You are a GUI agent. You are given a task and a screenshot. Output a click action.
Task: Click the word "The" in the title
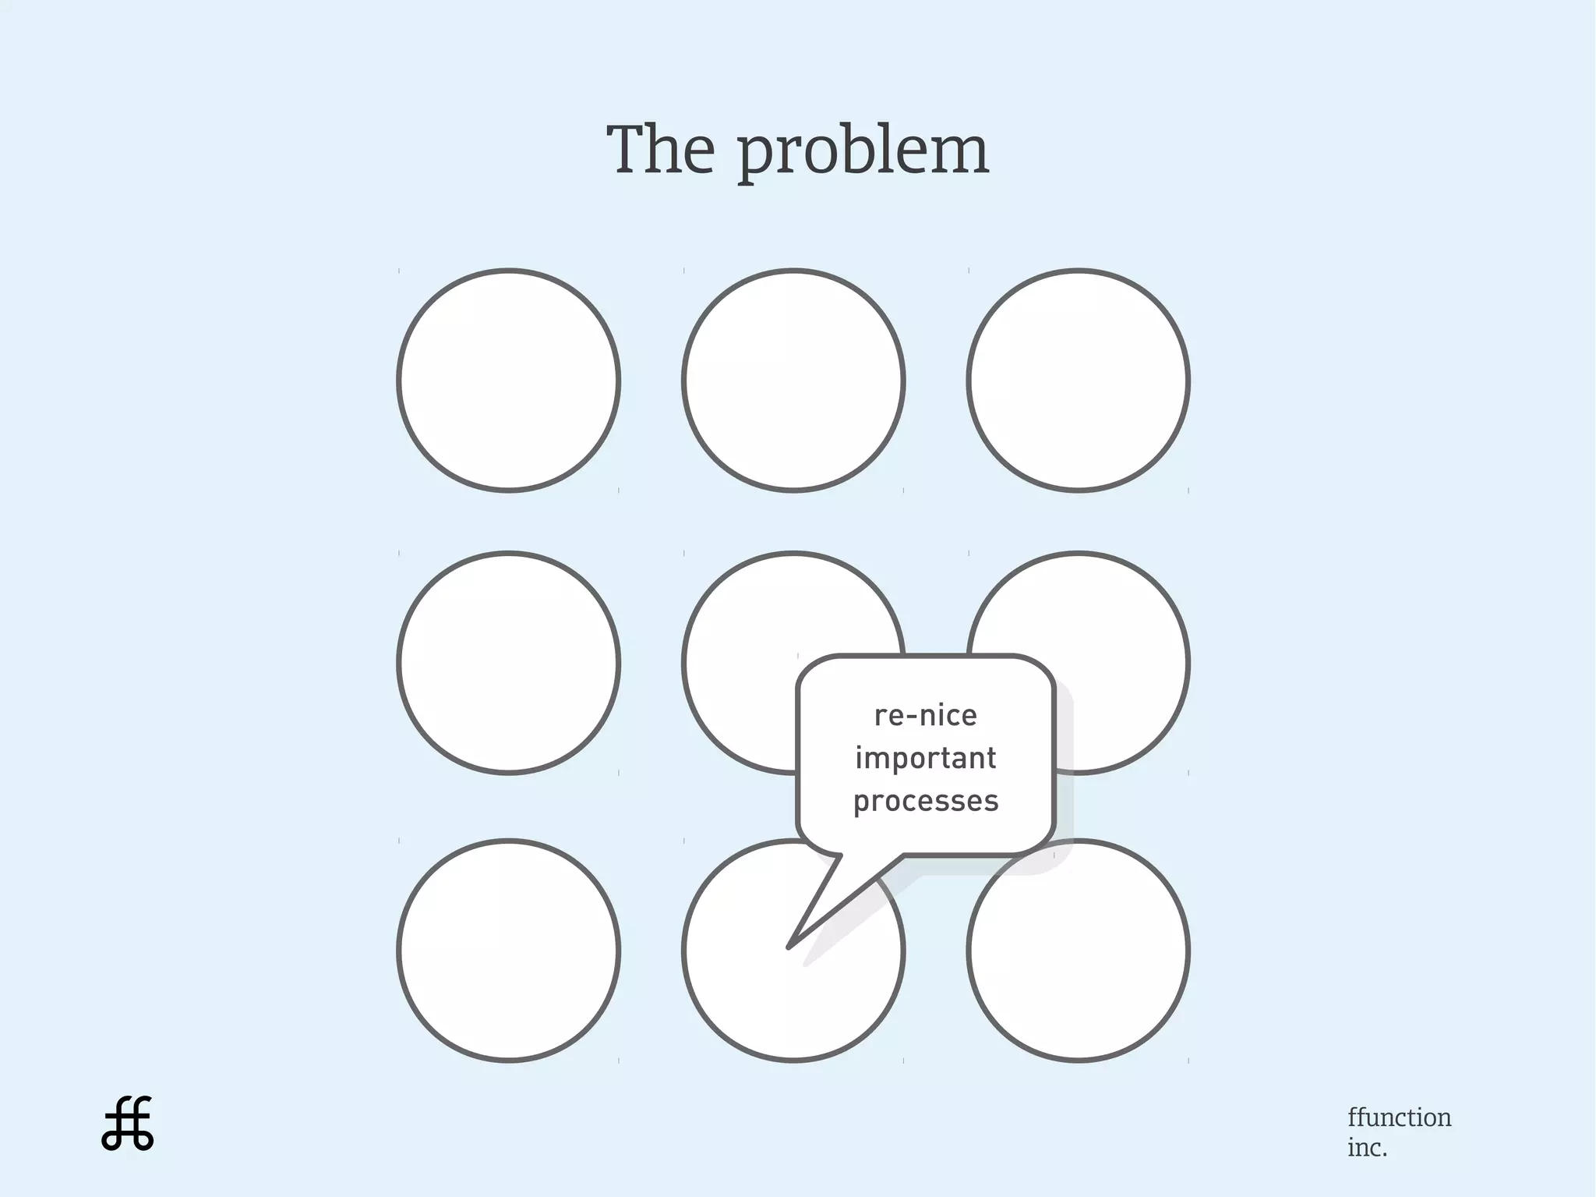pyautogui.click(x=661, y=150)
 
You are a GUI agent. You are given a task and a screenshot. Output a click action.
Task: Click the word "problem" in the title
pyautogui.click(x=863, y=151)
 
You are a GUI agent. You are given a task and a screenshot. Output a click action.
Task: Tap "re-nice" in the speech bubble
pyautogui.click(x=926, y=716)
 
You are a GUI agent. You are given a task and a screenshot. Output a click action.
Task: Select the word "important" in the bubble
pyautogui.click(x=926, y=758)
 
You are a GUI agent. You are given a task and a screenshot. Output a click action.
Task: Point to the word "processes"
pyautogui.click(x=926, y=802)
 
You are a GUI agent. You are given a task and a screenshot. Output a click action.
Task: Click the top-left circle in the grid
pyautogui.click(x=508, y=381)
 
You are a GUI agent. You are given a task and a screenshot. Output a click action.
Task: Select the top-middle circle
pyautogui.click(x=793, y=381)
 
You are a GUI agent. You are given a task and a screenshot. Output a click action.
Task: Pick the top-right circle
pyautogui.click(x=1079, y=381)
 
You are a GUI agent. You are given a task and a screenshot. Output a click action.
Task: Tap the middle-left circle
pyautogui.click(x=508, y=663)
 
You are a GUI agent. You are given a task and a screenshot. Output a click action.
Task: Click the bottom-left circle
pyautogui.click(x=508, y=951)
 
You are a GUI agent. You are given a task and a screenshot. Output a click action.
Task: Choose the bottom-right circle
pyautogui.click(x=1079, y=951)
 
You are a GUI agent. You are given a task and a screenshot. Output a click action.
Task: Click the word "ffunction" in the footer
pyautogui.click(x=1399, y=1117)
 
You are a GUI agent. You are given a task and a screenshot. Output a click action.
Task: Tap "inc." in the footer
pyautogui.click(x=1367, y=1148)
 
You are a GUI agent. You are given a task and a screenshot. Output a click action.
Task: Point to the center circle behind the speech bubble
pyautogui.click(x=740, y=663)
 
